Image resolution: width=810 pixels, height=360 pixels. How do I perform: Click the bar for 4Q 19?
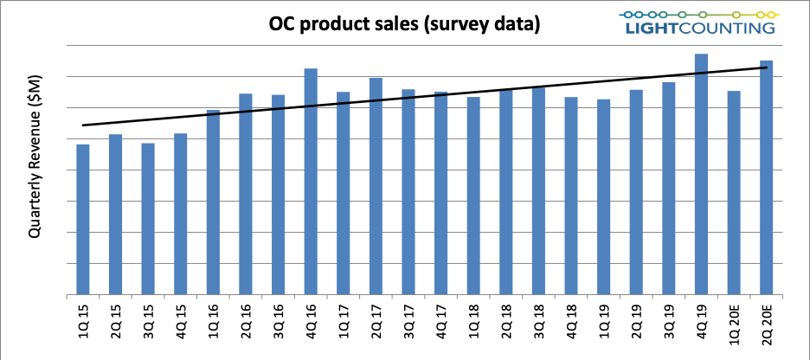click(701, 174)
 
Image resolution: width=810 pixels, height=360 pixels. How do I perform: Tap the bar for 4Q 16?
click(311, 181)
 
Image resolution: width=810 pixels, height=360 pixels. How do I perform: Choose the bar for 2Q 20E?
click(766, 177)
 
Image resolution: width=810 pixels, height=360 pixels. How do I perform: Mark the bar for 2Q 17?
click(376, 186)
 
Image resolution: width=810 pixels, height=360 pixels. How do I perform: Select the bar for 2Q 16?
click(246, 194)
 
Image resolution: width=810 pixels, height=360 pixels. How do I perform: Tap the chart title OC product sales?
click(342, 23)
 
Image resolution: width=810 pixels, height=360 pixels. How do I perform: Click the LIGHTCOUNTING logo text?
click(700, 28)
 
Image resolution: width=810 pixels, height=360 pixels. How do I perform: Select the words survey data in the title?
click(479, 23)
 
